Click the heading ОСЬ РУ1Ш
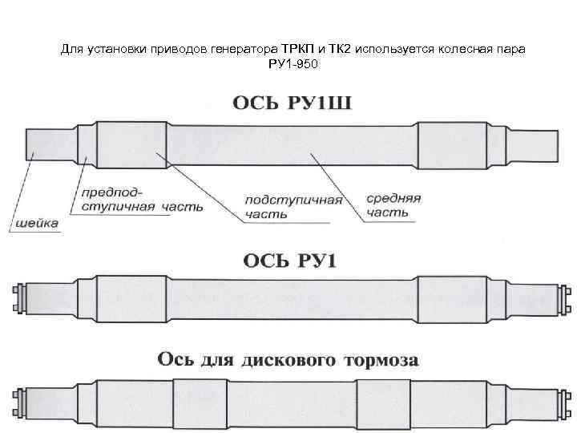[294, 103]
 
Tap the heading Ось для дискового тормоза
[288, 360]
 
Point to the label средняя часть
[393, 205]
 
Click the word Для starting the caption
[72, 49]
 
